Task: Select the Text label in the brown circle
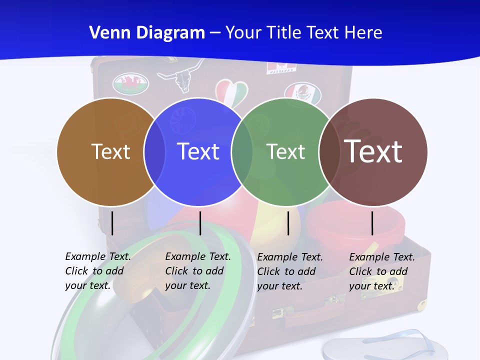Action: (x=110, y=151)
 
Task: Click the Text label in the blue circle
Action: (x=198, y=151)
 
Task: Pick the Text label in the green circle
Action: (x=285, y=151)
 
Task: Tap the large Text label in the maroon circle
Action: (x=373, y=151)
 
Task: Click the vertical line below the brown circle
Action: (x=112, y=223)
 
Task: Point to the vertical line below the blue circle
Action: (x=200, y=223)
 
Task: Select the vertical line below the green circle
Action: (x=288, y=223)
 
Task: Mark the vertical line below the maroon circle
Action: (x=372, y=223)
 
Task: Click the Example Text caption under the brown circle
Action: (x=98, y=271)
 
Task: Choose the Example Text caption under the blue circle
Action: (x=198, y=271)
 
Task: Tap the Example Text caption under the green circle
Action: (x=290, y=271)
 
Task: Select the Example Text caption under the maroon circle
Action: (x=382, y=271)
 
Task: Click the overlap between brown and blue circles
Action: (x=154, y=151)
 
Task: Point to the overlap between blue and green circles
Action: (x=242, y=151)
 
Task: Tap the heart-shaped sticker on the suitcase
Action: (x=231, y=92)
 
